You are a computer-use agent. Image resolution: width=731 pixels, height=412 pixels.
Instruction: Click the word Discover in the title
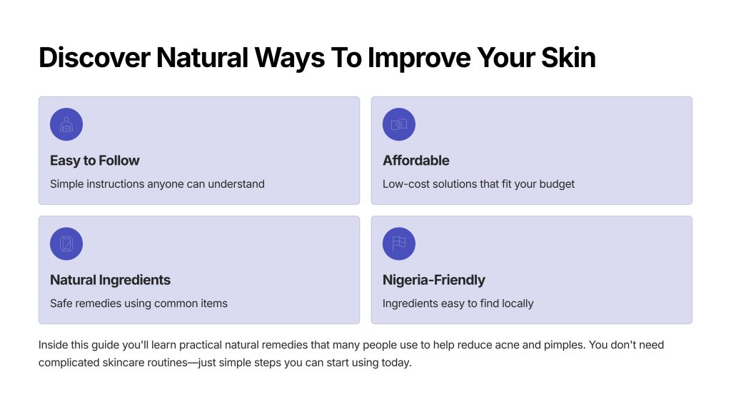click(x=95, y=58)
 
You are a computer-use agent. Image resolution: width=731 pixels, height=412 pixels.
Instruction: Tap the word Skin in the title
click(x=568, y=58)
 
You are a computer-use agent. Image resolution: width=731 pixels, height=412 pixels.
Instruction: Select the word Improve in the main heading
click(x=419, y=59)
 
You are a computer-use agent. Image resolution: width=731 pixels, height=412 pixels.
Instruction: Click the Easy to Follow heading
click(x=95, y=161)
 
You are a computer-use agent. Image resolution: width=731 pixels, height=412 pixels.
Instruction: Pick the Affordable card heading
click(x=416, y=161)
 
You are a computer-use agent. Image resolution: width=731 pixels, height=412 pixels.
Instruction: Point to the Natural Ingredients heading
click(x=110, y=280)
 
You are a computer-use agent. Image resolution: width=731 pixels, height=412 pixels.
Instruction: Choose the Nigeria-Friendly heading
click(x=433, y=280)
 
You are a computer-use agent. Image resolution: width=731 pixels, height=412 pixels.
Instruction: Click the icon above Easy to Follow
click(x=66, y=124)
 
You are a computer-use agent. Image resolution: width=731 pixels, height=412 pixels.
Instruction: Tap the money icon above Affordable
click(x=398, y=124)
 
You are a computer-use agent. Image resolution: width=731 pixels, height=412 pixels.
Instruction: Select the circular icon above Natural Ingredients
click(x=66, y=243)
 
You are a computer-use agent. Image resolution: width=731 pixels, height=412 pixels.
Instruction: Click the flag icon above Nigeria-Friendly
click(x=398, y=243)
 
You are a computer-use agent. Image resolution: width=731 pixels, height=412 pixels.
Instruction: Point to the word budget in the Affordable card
click(x=557, y=184)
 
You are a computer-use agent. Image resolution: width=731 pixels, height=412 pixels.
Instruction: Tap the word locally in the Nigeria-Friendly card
click(x=517, y=303)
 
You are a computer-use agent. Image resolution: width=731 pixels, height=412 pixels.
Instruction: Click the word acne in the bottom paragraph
click(x=507, y=345)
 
